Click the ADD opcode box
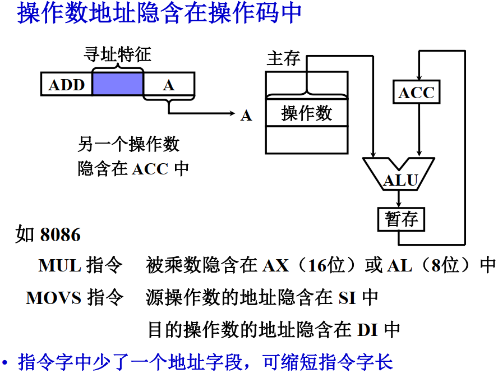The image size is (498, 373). coord(66,85)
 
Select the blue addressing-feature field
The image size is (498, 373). coord(118,85)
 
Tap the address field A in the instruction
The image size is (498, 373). coord(169,85)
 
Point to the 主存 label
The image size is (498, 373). coord(283,58)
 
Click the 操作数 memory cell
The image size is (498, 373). coord(306,114)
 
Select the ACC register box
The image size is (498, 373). coord(417,93)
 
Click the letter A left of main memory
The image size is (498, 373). coord(246,116)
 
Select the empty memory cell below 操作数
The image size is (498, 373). coord(306,140)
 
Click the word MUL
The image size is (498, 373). coord(60,265)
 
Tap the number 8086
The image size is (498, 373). coord(60,234)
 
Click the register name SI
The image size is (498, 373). coord(347,297)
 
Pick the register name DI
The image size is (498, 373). coord(367,330)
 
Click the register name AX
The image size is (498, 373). coord(275,265)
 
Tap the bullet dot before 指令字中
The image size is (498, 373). coord(6,362)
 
